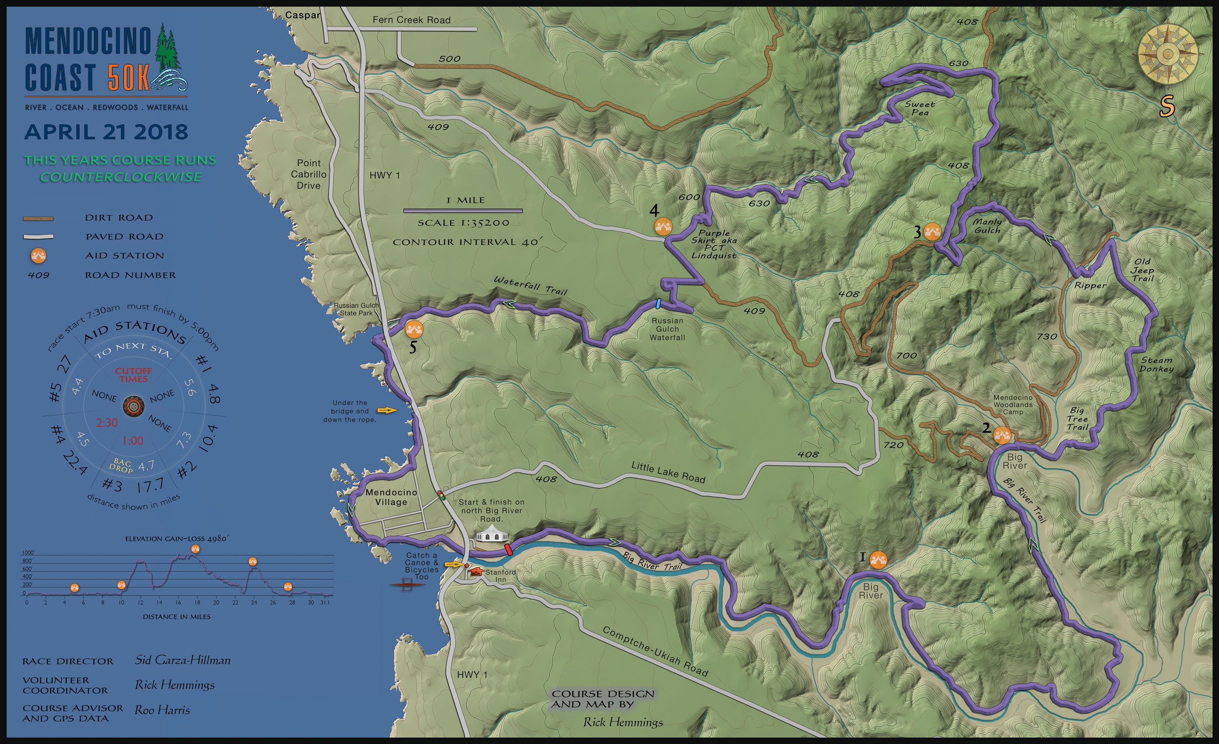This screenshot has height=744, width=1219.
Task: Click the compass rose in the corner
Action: [1168, 55]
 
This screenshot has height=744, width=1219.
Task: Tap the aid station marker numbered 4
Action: [663, 227]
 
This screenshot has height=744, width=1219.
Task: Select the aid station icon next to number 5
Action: [414, 329]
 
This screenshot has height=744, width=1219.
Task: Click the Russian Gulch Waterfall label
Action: [667, 329]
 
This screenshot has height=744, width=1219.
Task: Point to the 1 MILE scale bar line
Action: [463, 211]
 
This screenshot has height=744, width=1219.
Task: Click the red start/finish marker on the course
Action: [508, 550]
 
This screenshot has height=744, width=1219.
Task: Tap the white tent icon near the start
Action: [492, 535]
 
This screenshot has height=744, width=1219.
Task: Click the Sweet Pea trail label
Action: [920, 108]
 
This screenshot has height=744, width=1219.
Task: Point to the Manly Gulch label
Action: [987, 226]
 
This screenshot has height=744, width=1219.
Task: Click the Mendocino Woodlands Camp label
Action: [1013, 404]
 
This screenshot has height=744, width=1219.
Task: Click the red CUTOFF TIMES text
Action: [133, 375]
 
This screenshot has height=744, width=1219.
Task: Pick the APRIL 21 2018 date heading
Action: [106, 132]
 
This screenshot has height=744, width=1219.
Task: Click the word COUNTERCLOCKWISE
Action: [121, 177]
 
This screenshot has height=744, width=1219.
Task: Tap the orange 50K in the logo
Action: [128, 77]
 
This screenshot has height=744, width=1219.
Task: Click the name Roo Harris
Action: [162, 710]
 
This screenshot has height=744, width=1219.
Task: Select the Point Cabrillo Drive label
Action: [309, 174]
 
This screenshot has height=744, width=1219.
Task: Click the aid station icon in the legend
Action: [38, 255]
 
